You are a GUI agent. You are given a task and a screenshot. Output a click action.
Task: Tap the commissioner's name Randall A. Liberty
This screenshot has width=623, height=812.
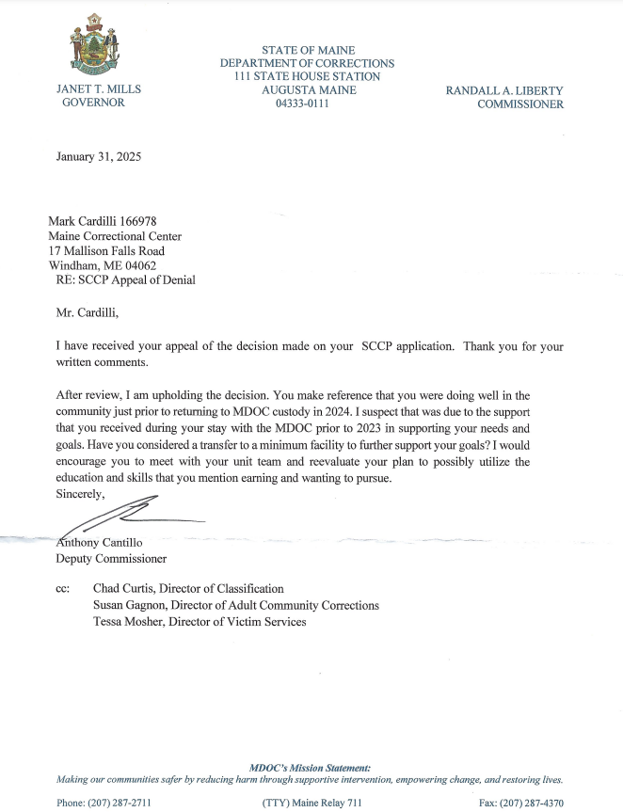504,90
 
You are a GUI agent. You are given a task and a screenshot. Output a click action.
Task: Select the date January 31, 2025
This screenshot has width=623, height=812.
99,157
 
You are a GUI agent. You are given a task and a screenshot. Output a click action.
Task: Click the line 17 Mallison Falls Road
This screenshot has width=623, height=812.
106,251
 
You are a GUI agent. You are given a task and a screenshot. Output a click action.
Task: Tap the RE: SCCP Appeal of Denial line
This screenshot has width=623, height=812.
126,280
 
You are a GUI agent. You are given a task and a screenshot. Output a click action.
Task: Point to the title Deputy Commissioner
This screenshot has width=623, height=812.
112,558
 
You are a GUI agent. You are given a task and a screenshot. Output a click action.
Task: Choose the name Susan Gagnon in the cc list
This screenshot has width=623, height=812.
131,605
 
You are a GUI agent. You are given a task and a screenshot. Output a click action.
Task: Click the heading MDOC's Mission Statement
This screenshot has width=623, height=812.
311,769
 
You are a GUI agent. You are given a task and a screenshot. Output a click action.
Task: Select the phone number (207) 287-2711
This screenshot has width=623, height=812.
119,802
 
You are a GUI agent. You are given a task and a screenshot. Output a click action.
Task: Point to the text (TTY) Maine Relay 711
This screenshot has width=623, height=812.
311,802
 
